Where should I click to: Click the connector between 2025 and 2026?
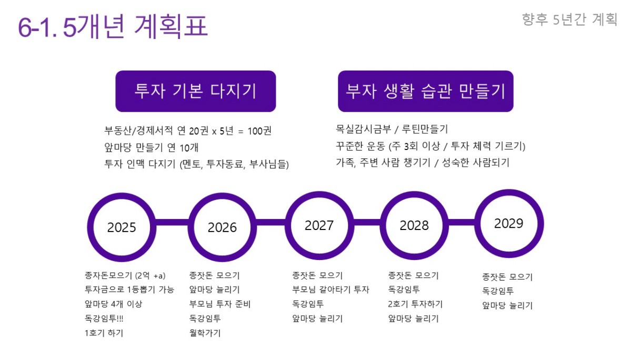click(x=172, y=222)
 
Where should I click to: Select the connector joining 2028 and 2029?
click(x=462, y=222)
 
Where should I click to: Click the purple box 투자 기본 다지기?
click(x=196, y=91)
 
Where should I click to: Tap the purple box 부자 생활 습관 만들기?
click(x=426, y=91)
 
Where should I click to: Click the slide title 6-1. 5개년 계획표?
click(x=113, y=26)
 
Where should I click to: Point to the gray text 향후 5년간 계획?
click(x=569, y=19)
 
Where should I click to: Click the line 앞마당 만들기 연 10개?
click(x=151, y=147)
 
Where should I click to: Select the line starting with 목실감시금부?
click(x=392, y=129)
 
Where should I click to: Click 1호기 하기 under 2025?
click(x=104, y=333)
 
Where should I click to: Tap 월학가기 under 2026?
click(x=205, y=333)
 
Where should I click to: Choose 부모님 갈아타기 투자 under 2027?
click(x=331, y=289)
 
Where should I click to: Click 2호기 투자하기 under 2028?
click(x=415, y=304)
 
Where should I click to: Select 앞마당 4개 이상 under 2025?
click(x=113, y=304)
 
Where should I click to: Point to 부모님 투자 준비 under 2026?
click(x=219, y=304)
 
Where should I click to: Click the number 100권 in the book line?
click(x=259, y=131)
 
